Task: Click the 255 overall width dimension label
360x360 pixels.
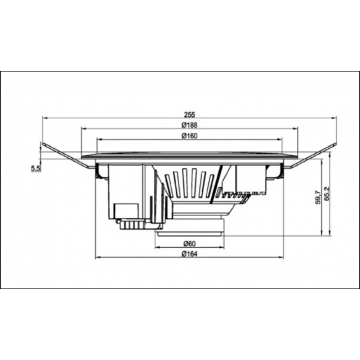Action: point(189,114)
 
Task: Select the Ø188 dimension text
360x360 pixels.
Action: point(189,125)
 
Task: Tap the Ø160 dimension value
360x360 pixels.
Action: point(189,136)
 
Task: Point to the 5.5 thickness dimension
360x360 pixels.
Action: point(36,169)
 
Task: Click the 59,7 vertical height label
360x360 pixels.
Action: point(318,197)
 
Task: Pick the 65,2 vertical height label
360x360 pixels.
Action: point(327,193)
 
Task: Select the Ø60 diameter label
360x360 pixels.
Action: point(190,243)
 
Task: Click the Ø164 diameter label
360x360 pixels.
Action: point(189,254)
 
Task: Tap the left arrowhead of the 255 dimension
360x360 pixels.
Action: point(45,118)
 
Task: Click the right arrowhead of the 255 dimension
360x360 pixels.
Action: point(334,118)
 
